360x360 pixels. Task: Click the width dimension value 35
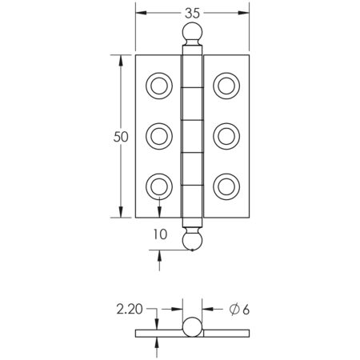[190, 12]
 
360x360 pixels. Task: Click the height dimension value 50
[121, 137]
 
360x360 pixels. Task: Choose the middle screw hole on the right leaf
[226, 135]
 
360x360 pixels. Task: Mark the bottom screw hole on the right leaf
[226, 186]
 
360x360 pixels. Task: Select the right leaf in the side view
[224, 334]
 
